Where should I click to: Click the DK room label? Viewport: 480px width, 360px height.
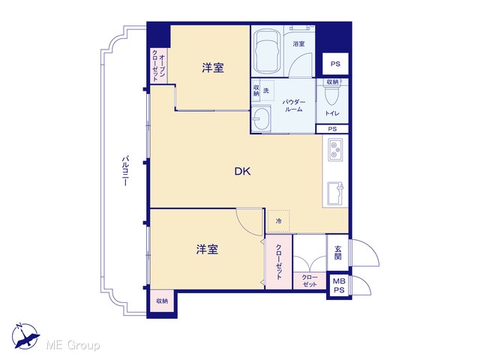click(242, 171)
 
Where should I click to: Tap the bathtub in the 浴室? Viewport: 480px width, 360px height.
click(268, 51)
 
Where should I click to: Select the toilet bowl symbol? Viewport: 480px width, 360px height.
click(331, 94)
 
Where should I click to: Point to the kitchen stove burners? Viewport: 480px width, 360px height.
click(335, 150)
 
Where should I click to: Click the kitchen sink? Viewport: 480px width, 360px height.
click(335, 193)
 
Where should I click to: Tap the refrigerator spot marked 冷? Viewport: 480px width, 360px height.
click(278, 220)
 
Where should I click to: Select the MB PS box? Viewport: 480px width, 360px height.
click(338, 285)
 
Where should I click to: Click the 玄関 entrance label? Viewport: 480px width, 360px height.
click(337, 253)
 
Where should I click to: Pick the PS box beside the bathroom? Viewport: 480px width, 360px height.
click(335, 64)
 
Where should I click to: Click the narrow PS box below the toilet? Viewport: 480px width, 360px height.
click(332, 129)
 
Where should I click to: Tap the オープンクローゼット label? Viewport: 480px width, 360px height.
click(158, 66)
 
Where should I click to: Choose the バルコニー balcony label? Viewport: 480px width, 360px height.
click(125, 171)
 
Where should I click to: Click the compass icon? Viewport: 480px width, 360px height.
click(25, 336)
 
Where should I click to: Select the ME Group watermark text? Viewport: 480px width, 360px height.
click(73, 345)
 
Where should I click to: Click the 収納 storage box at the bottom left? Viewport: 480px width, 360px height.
click(162, 301)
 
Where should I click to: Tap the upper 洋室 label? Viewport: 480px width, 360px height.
click(213, 67)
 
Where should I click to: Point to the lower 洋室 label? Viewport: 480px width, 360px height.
click(207, 250)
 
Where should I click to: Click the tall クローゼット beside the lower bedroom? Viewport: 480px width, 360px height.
click(278, 262)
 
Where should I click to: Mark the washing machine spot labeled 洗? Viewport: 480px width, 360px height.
click(266, 91)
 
